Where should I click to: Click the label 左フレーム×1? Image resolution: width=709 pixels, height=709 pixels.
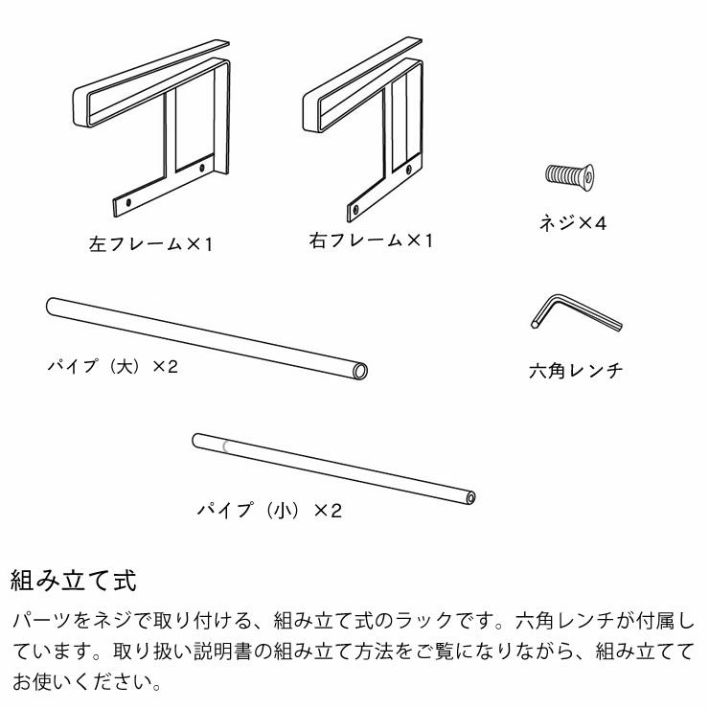pos(150,244)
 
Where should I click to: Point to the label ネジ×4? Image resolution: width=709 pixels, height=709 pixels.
pos(573,223)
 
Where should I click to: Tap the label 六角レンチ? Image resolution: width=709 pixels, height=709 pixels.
pos(575,369)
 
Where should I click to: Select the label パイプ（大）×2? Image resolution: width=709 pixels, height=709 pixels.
pos(112,366)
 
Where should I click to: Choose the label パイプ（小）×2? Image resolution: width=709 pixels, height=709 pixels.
pos(269,510)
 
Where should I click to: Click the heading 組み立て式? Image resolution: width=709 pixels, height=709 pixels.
pos(74,581)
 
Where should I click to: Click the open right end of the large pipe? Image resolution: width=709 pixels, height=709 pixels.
pos(360,370)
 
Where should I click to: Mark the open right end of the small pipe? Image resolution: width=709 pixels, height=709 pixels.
pos(469,498)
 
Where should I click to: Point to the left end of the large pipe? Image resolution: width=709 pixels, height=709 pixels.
pos(51,306)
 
